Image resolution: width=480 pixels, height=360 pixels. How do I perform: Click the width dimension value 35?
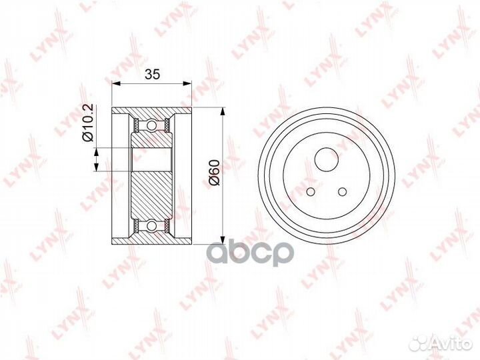point(152,75)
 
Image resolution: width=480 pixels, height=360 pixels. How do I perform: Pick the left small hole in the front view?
point(311,192)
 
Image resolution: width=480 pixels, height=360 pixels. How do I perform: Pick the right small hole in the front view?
point(343,192)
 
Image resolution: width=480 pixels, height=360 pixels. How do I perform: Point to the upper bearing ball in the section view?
point(151,125)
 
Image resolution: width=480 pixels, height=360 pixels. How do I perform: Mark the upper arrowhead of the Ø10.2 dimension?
point(97,143)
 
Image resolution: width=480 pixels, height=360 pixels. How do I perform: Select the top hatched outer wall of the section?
point(151,110)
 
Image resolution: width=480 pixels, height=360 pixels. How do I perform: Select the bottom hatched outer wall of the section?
point(151,240)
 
